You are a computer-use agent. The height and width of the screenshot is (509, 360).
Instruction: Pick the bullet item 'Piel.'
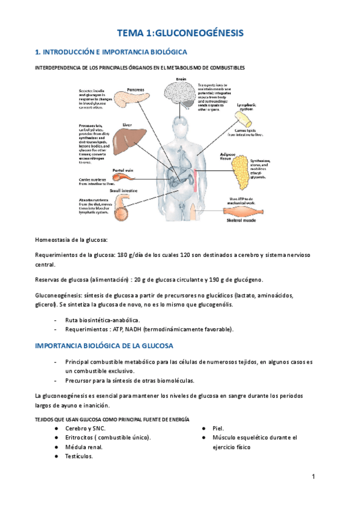click(218, 428)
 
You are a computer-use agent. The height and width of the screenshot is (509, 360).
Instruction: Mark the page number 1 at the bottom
click(313, 477)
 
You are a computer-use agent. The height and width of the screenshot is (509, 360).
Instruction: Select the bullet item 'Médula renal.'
click(84, 447)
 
